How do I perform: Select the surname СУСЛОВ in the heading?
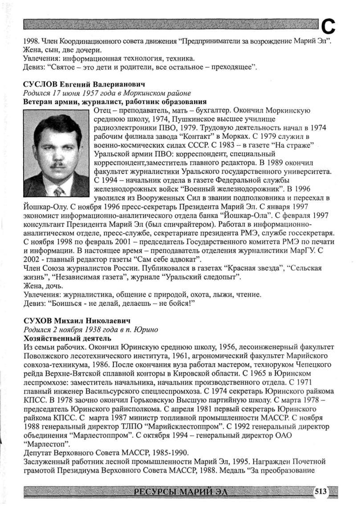(x=39, y=84)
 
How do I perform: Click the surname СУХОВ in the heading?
(x=36, y=321)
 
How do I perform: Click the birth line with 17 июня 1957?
(x=107, y=93)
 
